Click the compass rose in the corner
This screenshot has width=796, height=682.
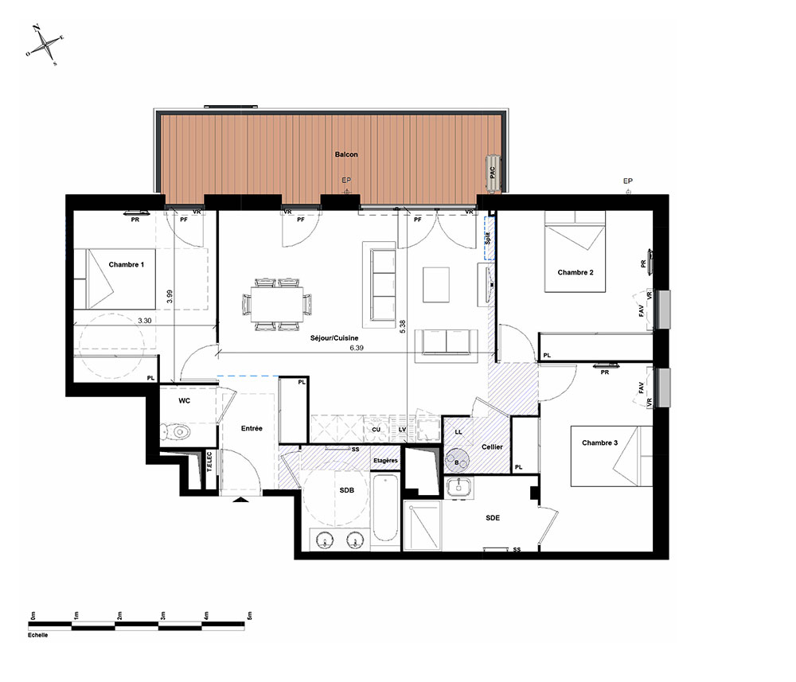pyautogui.click(x=45, y=45)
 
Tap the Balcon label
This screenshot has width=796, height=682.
pyautogui.click(x=346, y=154)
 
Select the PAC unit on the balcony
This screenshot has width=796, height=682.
pyautogui.click(x=493, y=173)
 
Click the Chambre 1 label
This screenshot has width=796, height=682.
pyautogui.click(x=127, y=264)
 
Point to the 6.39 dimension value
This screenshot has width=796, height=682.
pyautogui.click(x=357, y=348)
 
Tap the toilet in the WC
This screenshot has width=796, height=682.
pyautogui.click(x=175, y=432)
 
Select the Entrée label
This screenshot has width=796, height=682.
pyautogui.click(x=252, y=428)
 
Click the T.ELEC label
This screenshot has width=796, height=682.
pyautogui.click(x=209, y=462)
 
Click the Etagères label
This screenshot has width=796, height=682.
pyautogui.click(x=386, y=461)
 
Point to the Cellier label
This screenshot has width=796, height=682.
pyautogui.click(x=492, y=447)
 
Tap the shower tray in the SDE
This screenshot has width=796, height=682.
pyautogui.click(x=423, y=524)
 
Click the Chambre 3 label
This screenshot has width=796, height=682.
pyautogui.click(x=599, y=442)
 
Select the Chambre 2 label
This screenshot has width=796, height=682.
pyautogui.click(x=576, y=272)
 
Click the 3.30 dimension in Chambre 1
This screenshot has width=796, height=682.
pyautogui.click(x=145, y=321)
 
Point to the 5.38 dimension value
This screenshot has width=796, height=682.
pyautogui.click(x=403, y=326)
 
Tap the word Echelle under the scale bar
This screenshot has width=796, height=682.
pyautogui.click(x=38, y=635)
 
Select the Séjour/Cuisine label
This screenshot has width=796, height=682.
pyautogui.click(x=334, y=338)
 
